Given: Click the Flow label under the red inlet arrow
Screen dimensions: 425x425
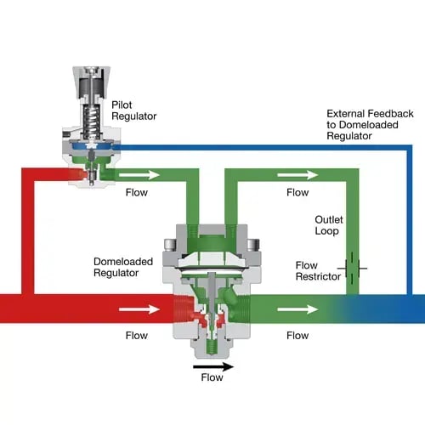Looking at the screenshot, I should click(136, 335).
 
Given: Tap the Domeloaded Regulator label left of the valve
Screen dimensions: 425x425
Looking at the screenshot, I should click(123, 267).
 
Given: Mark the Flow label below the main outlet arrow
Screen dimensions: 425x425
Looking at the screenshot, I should click(297, 335).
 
